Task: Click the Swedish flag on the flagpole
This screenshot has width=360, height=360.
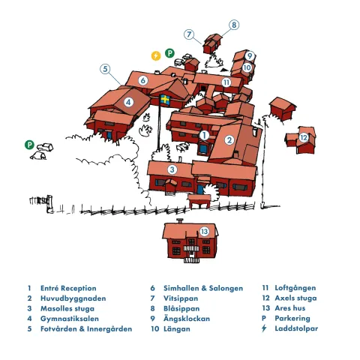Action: (x=165, y=100)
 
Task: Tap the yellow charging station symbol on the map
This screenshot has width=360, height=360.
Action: (x=156, y=55)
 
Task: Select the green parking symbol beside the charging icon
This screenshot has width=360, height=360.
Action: (x=169, y=53)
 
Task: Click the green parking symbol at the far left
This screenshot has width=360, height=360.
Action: (x=29, y=145)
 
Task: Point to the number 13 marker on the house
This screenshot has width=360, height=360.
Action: (x=204, y=231)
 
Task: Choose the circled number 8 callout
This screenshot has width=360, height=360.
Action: (x=234, y=25)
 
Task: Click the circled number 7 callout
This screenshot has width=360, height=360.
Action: (x=189, y=34)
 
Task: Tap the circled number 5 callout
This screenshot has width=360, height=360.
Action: (x=105, y=69)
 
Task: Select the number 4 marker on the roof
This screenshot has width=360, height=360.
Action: (x=128, y=102)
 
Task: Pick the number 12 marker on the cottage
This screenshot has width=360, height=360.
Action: (x=304, y=137)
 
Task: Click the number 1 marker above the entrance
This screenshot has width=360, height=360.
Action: (x=204, y=135)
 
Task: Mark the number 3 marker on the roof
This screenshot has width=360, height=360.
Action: (x=172, y=169)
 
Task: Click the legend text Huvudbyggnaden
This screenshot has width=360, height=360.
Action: (x=73, y=298)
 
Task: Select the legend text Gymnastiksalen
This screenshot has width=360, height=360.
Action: (x=70, y=319)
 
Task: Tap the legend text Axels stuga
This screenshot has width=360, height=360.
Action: (x=295, y=298)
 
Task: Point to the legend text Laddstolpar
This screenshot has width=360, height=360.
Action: (x=296, y=328)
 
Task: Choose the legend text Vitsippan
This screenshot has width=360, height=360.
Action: (x=181, y=298)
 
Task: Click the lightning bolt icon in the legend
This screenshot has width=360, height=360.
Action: (x=264, y=328)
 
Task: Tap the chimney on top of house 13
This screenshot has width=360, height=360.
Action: (x=180, y=221)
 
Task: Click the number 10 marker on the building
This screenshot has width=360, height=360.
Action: (x=247, y=67)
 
